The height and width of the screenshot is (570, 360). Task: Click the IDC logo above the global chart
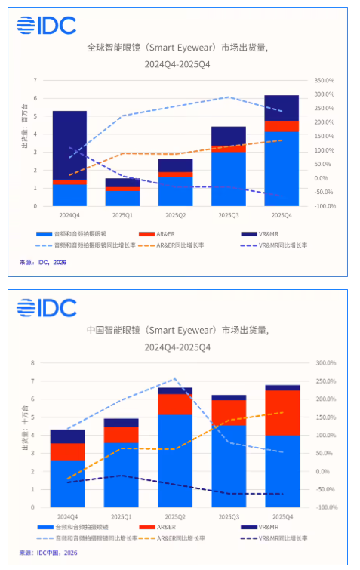[x=47, y=26]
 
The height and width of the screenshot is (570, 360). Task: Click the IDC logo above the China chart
[x=47, y=308]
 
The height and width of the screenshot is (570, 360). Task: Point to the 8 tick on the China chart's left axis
[x=32, y=363]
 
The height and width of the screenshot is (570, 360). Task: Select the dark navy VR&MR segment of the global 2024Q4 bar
[x=69, y=145]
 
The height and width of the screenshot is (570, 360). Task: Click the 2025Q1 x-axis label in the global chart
[x=122, y=214]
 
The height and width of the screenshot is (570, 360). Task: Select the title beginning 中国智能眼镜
[x=177, y=331]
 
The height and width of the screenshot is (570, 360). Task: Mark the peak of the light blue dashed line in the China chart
[x=174, y=379]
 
